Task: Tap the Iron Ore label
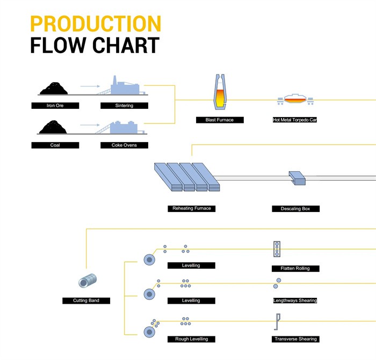point(55,106)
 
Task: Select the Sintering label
point(124,106)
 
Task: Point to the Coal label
point(55,145)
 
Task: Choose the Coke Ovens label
point(124,145)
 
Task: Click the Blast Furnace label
point(220,120)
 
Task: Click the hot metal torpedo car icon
point(295,99)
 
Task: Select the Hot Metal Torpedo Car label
point(295,120)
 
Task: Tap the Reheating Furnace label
point(192,208)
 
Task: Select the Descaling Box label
point(295,209)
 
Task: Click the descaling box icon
point(298,178)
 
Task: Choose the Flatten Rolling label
point(295,268)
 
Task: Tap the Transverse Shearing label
point(295,339)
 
